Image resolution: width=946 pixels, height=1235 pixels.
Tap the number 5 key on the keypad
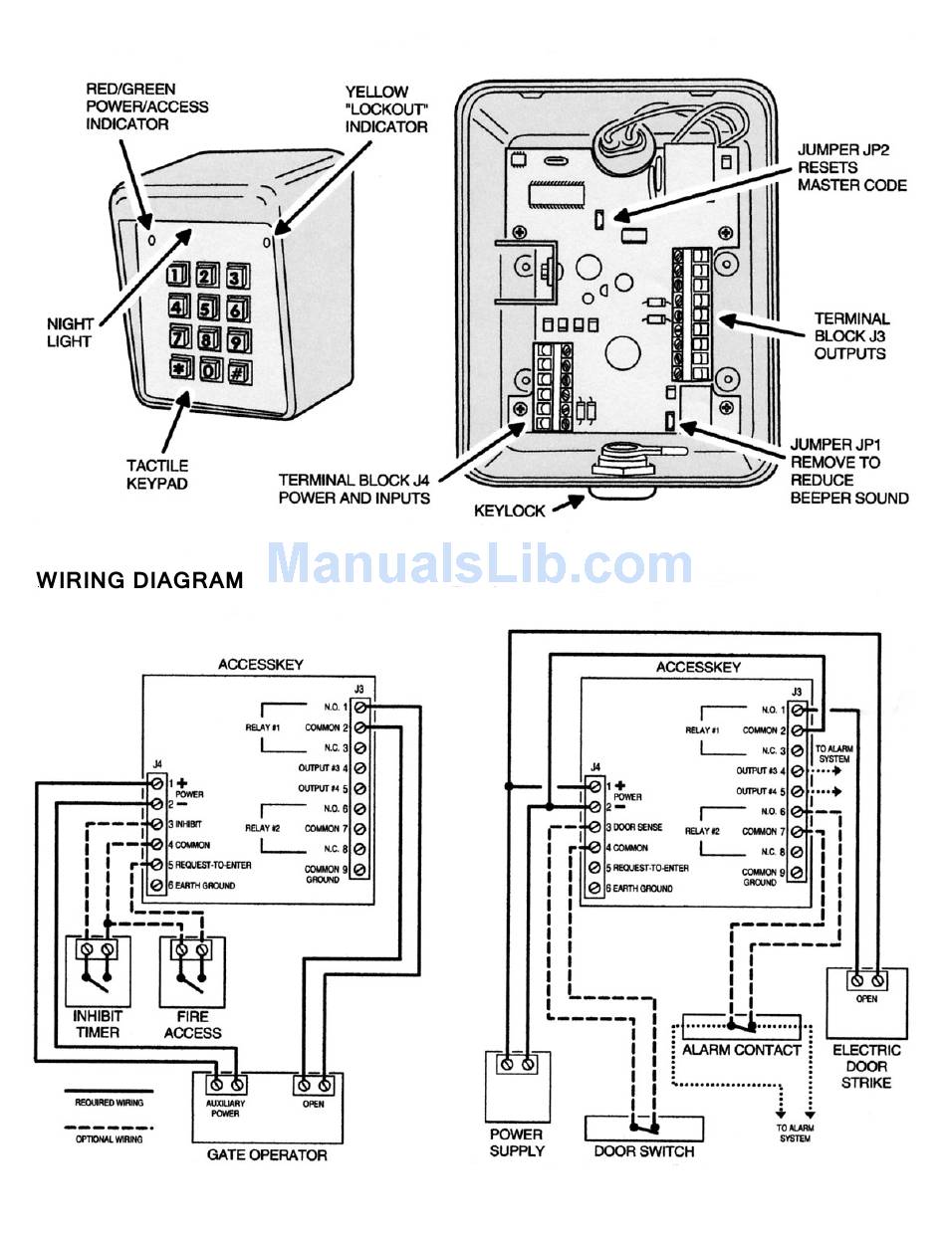pyautogui.click(x=207, y=308)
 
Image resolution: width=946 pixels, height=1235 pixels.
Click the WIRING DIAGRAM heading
pyautogui.click(x=140, y=580)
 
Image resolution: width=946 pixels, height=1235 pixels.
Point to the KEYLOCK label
pyautogui.click(x=510, y=511)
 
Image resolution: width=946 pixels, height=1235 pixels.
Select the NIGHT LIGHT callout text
pyautogui.click(x=70, y=332)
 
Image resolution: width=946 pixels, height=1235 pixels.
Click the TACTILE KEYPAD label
pyautogui.click(x=157, y=475)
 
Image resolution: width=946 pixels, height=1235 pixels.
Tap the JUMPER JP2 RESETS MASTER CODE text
pyautogui.click(x=851, y=167)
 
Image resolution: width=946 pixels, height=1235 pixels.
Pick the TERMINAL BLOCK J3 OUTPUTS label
pyautogui.click(x=851, y=336)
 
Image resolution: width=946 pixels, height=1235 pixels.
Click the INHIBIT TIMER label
pyautogui.click(x=98, y=1024)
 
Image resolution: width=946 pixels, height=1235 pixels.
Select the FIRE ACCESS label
pyautogui.click(x=192, y=1025)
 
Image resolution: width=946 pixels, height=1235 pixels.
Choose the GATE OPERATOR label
pyautogui.click(x=267, y=1154)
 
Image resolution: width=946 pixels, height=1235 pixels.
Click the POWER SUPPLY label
pyautogui.click(x=517, y=1142)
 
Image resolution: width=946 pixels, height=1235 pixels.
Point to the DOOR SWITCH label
pyautogui.click(x=643, y=1151)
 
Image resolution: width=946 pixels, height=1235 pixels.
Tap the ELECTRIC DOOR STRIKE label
pyautogui.click(x=866, y=1066)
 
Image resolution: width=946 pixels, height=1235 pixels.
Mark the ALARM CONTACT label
pyautogui.click(x=741, y=1050)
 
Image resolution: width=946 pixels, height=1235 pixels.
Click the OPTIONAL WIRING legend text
pyautogui.click(x=110, y=1138)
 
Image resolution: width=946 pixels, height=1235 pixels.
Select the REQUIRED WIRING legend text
pyautogui.click(x=110, y=1102)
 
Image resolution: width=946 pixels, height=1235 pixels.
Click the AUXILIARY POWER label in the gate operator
pyautogui.click(x=225, y=1108)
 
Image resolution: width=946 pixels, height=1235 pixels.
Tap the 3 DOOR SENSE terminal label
pyautogui.click(x=634, y=827)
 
